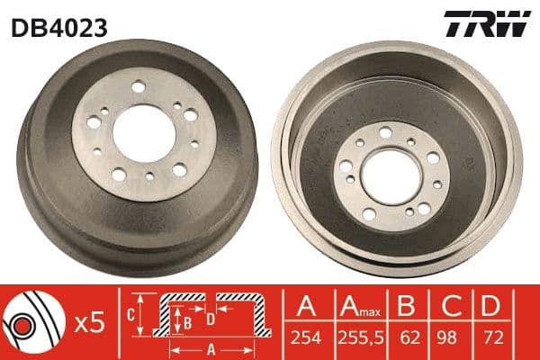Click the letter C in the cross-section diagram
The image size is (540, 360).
click(130, 314)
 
